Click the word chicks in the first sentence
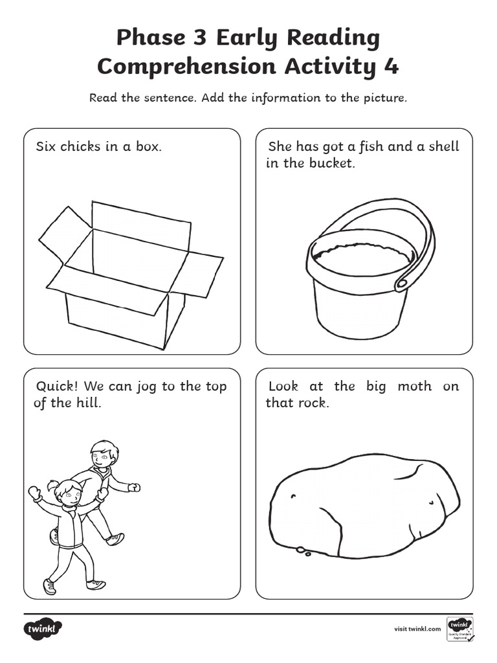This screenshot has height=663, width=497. point(80,146)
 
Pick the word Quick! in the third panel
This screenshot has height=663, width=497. point(57,387)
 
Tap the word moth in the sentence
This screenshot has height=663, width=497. point(414,387)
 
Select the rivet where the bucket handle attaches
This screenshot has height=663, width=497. point(401,283)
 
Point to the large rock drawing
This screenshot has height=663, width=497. point(362,505)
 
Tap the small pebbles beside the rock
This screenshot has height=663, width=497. point(302,551)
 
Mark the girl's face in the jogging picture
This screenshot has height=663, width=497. point(69,495)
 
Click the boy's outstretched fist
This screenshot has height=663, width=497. point(135,487)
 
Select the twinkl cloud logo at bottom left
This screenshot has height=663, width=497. point(43,629)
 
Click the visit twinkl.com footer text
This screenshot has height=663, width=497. point(417,629)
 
